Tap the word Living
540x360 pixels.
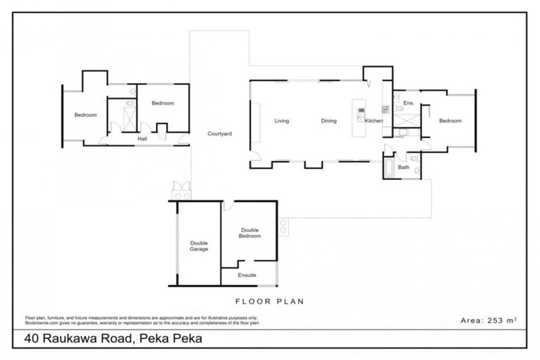pos(282,121)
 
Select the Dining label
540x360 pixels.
pos(328,121)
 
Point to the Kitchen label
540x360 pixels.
pos(373,121)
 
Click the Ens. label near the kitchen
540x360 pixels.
pos(408,103)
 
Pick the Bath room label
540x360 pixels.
pos(403,167)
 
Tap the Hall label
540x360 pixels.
pos(142,139)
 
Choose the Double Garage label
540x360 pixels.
pos(199,246)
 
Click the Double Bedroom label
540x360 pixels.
pos(250,233)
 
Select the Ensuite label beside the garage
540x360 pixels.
pos(247,275)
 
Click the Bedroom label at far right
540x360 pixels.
pos(450,121)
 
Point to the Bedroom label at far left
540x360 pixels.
pos(86,115)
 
